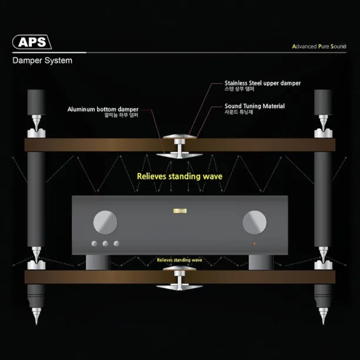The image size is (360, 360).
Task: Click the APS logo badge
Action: coord(32,42)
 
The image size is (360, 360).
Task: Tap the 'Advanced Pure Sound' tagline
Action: coord(319,46)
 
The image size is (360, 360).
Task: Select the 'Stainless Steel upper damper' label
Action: coord(262,84)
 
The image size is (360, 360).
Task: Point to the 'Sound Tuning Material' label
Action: coord(255,106)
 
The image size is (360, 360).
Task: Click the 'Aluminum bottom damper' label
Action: coord(103,109)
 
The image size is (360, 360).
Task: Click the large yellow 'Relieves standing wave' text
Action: coord(179,176)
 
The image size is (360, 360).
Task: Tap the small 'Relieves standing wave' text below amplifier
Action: coord(179,259)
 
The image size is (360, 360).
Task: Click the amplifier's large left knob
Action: coord(105,222)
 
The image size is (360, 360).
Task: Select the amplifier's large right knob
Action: coord(255,222)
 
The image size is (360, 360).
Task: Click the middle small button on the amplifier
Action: coord(105,244)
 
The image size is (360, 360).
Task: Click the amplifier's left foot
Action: coord(98,261)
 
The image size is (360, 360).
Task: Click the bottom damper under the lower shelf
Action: coord(179,286)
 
